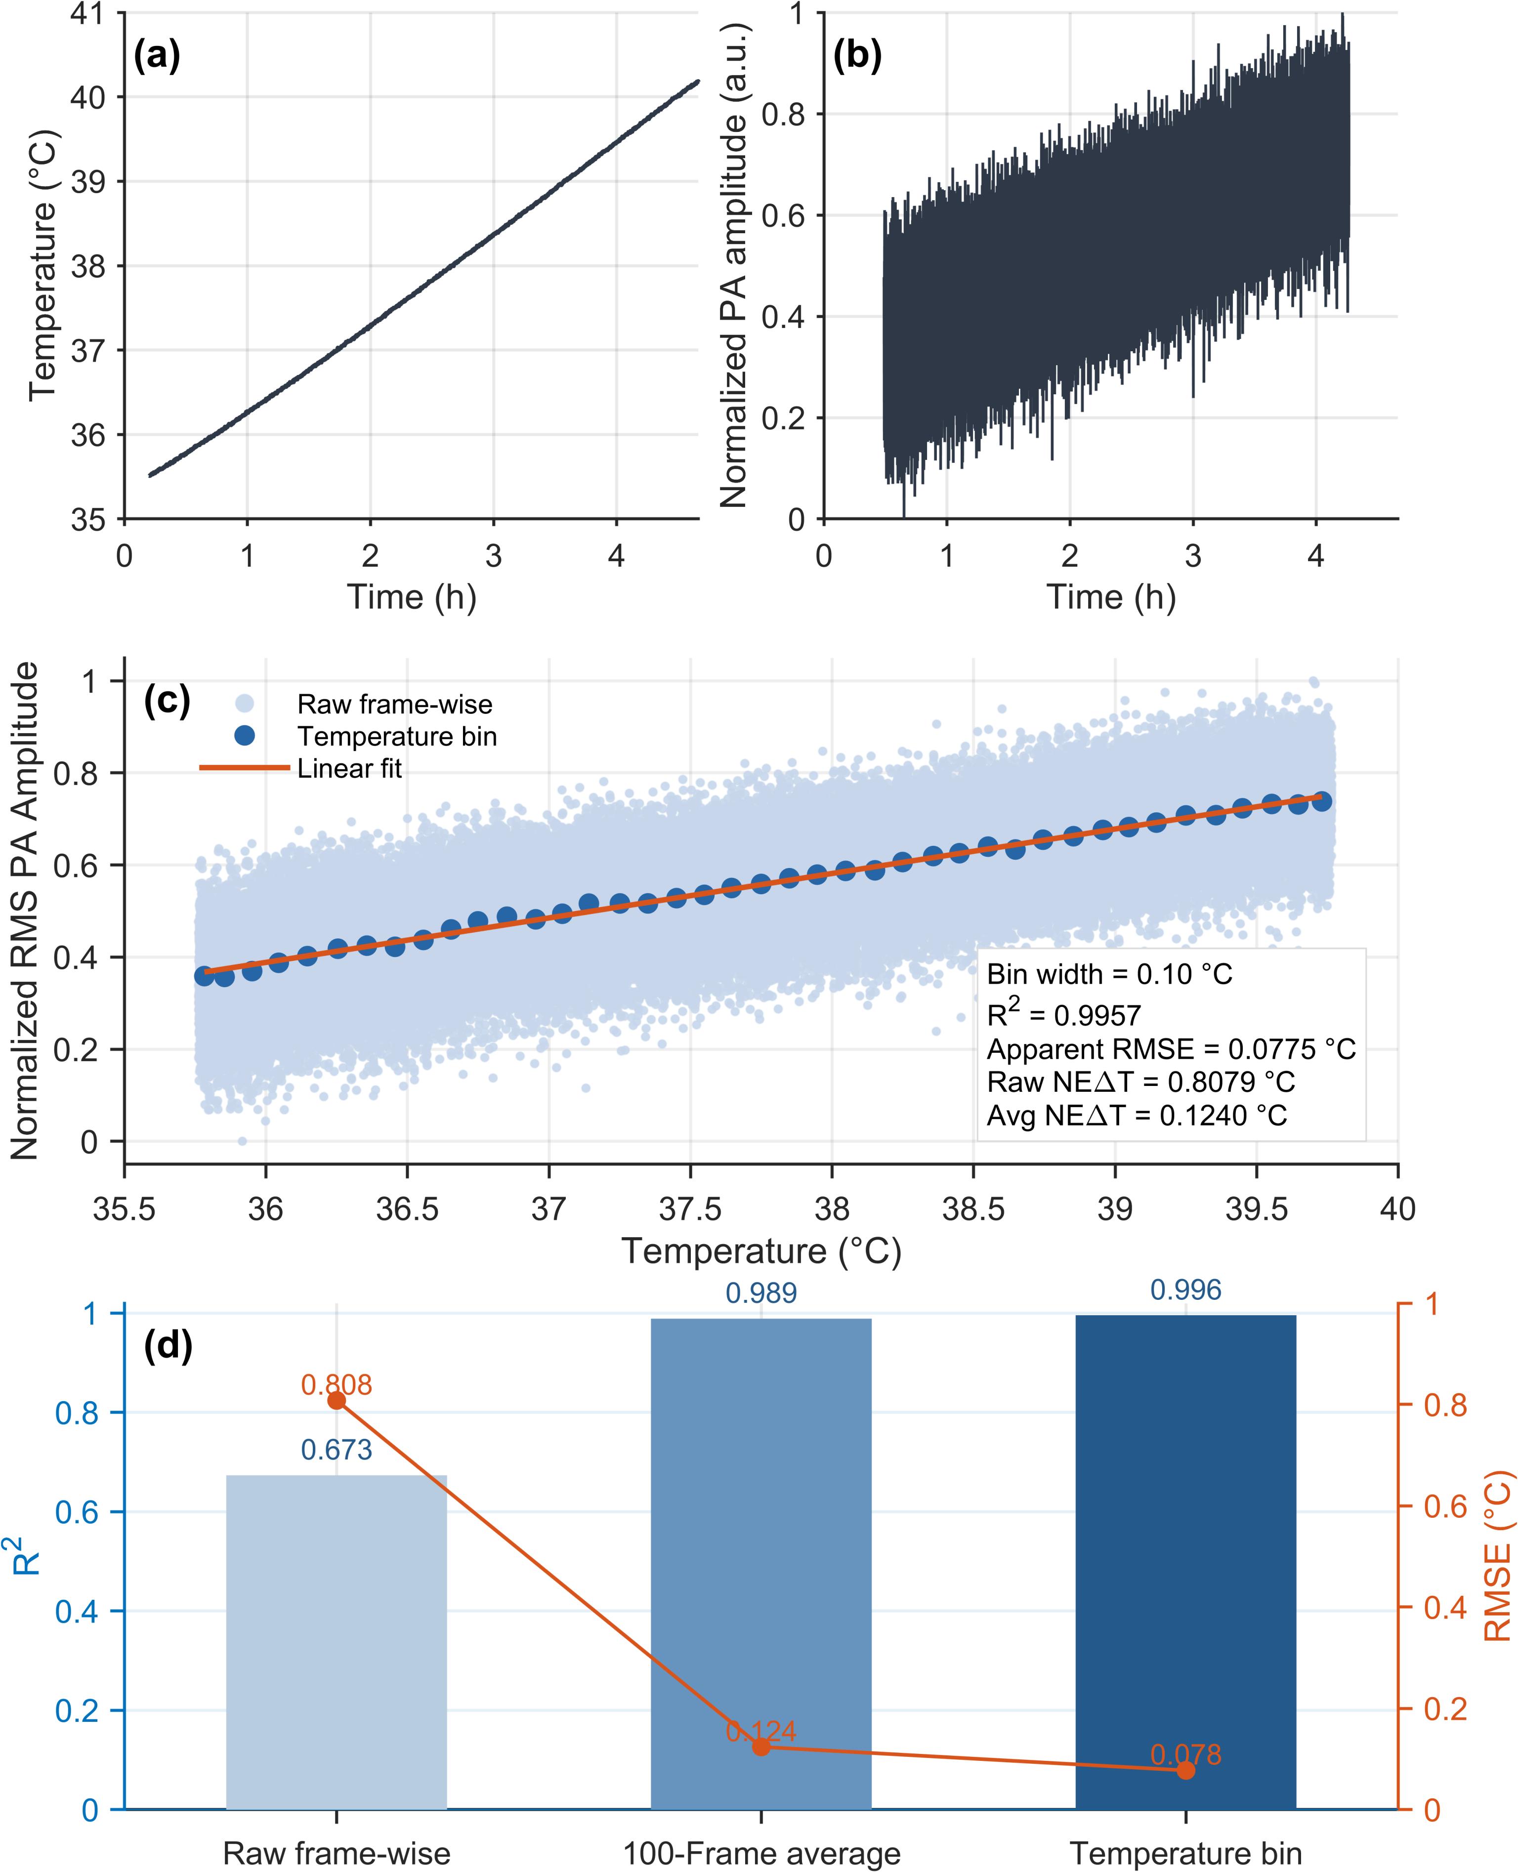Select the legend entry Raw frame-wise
[394, 704]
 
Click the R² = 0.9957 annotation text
[1063, 1012]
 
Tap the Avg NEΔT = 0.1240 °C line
[1137, 1116]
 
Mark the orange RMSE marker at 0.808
[337, 1401]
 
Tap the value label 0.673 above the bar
[337, 1451]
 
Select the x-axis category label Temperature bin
[1186, 1847]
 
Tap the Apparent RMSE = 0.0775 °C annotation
[1172, 1048]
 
